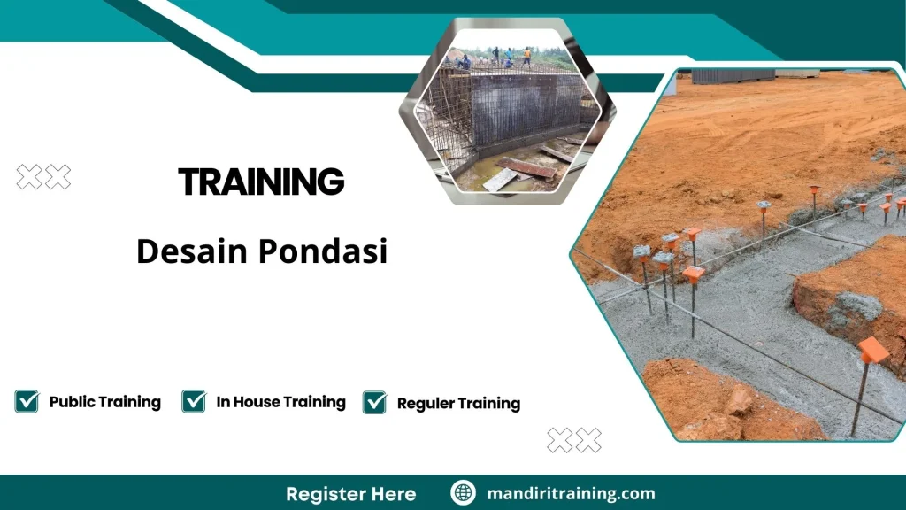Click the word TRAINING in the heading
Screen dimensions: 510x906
coord(261,182)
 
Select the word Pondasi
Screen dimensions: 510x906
coord(323,252)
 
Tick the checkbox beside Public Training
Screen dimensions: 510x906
coord(27,401)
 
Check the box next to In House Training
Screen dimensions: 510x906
coord(194,401)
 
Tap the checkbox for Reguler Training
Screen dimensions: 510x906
coord(375,402)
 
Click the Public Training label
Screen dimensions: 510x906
coord(104,402)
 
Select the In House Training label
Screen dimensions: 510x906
coord(280,402)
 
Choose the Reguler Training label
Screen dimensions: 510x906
coord(458,404)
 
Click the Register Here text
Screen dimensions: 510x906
coord(350,493)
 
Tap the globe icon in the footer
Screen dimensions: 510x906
coord(463,493)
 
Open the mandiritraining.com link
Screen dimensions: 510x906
coord(571,493)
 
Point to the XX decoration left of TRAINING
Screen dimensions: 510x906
coord(43,178)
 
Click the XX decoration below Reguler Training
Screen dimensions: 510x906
coord(574,439)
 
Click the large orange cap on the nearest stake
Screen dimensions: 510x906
coord(873,350)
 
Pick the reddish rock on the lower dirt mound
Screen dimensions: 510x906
coord(738,403)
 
